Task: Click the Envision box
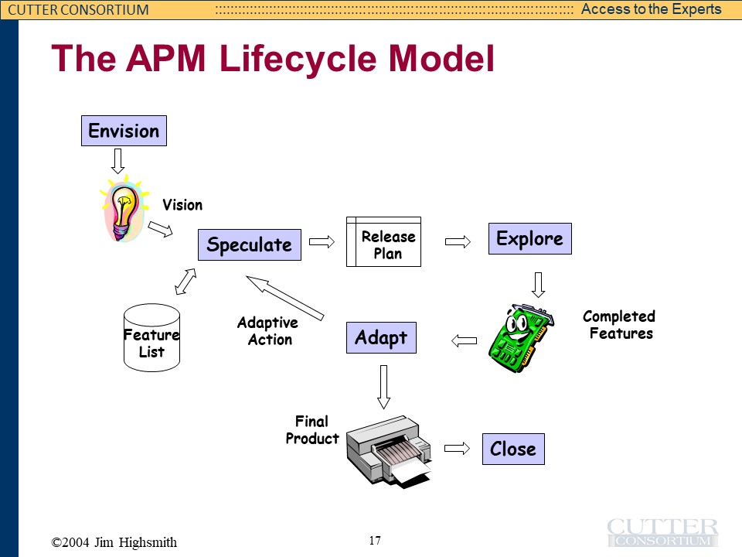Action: coord(124,131)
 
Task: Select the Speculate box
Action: coord(249,245)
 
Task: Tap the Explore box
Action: coord(529,238)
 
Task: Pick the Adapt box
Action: coord(380,338)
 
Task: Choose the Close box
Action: coord(512,449)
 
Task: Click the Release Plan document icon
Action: coord(383,242)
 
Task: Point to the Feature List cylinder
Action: coord(151,337)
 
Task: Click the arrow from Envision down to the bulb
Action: coord(117,161)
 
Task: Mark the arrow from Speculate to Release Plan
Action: coord(322,241)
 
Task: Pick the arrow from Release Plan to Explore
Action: coord(458,241)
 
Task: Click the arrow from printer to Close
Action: coord(458,448)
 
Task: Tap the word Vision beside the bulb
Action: coord(182,205)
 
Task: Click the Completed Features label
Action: coord(619,325)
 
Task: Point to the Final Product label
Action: coord(312,430)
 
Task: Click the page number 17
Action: coord(375,540)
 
